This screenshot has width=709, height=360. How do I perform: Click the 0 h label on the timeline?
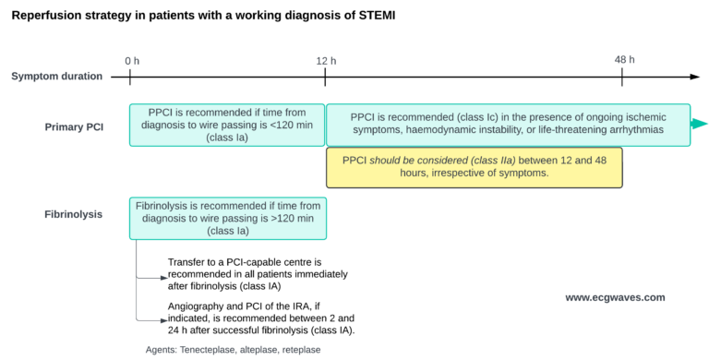click(x=132, y=61)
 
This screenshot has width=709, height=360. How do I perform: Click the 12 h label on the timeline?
click(x=325, y=61)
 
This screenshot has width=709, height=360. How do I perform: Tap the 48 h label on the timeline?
click(x=625, y=60)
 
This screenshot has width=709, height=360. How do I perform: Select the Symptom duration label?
click(x=57, y=77)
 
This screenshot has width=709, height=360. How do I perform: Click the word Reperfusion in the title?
click(x=48, y=17)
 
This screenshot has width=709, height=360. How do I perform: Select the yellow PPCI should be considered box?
click(x=474, y=166)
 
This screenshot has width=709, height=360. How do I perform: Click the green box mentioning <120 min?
click(x=227, y=125)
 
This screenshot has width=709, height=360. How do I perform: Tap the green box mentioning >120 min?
click(x=227, y=216)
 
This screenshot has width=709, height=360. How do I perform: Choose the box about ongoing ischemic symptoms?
click(x=508, y=125)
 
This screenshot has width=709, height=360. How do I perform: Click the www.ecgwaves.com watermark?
click(x=615, y=298)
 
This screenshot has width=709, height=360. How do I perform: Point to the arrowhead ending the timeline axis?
click(x=694, y=77)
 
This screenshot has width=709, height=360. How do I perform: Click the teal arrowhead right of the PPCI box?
click(x=700, y=125)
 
